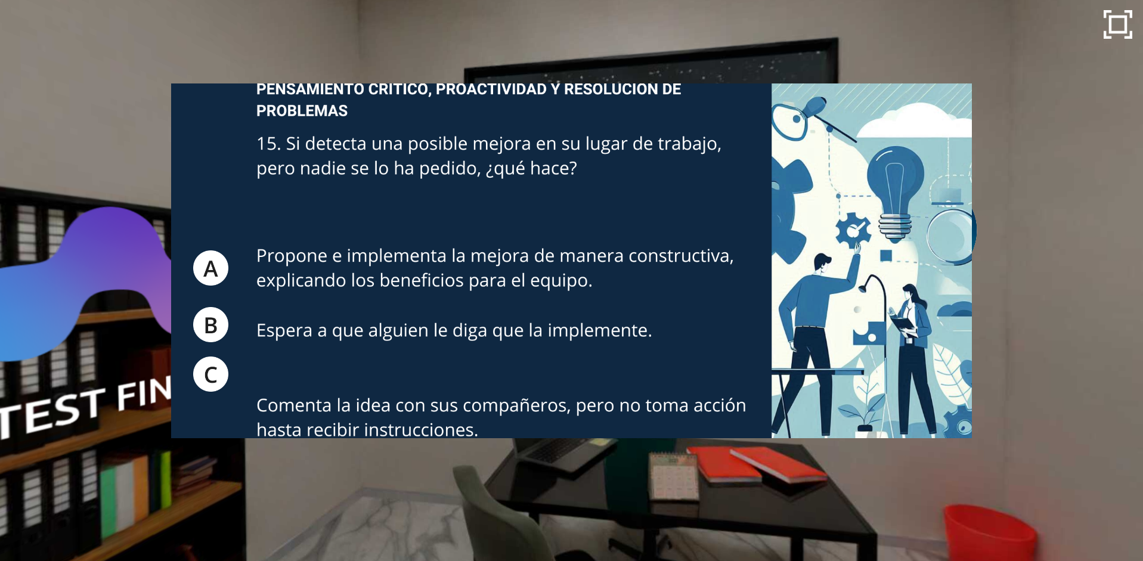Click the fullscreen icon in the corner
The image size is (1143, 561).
click(1117, 24)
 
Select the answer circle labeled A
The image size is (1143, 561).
click(210, 268)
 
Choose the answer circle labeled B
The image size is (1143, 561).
click(210, 325)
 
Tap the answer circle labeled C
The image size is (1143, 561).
click(210, 374)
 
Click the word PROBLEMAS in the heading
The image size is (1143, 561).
click(302, 111)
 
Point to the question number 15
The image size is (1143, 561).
click(268, 144)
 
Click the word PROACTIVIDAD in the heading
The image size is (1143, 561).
click(491, 89)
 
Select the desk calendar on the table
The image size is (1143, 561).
click(674, 475)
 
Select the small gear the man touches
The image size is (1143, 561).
click(851, 229)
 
